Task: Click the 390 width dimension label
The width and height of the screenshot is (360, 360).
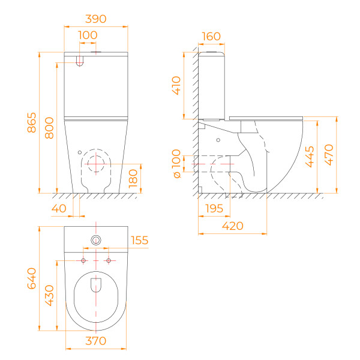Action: (96, 19)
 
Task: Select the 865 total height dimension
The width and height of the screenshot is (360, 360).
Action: (32, 122)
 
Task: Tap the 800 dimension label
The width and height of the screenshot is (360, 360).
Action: (49, 128)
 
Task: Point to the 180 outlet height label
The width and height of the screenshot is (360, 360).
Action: (133, 179)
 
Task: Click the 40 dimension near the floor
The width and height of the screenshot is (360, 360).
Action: (59, 208)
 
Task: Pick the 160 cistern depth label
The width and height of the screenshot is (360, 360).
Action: (211, 36)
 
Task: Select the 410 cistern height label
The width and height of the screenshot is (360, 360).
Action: (176, 86)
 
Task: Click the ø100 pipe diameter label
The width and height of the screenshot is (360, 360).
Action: (176, 164)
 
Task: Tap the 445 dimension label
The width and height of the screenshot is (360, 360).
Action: (310, 157)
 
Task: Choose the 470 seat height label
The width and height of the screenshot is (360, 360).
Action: (329, 155)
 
